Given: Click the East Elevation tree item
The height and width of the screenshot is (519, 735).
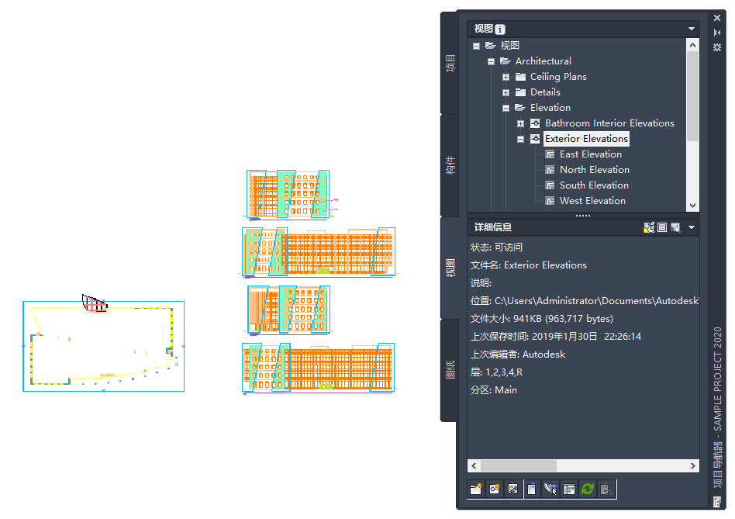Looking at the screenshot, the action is [590, 154].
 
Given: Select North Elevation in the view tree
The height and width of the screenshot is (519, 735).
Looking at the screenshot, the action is [595, 170].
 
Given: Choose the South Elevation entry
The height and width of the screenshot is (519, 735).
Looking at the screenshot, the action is [594, 185].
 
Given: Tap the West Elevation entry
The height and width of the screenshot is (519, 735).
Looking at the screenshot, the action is [592, 201].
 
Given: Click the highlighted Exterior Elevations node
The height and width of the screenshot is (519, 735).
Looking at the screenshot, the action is [586, 139].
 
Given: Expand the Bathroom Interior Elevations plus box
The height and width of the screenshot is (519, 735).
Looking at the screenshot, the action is [520, 124].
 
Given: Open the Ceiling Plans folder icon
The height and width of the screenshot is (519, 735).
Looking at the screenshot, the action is [520, 77].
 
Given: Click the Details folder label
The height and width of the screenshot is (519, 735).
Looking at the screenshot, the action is [545, 92].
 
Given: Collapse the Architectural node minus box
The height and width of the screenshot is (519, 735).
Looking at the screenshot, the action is [491, 61].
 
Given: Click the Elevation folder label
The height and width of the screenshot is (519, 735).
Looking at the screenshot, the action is [550, 108].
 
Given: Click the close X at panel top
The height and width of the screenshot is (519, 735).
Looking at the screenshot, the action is [717, 18].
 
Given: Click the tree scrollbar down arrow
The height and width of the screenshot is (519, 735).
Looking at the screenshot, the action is [692, 206].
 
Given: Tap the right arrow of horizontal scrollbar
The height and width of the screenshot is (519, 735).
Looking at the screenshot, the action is [693, 465].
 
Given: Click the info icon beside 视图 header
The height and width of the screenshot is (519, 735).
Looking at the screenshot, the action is [500, 29].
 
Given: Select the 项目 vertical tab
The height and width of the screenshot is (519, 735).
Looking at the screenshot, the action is [450, 64].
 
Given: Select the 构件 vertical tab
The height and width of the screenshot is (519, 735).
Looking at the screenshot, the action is [450, 165].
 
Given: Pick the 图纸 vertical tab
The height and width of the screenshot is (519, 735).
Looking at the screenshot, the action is [450, 370].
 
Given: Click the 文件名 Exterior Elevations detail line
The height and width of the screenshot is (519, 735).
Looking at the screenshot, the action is [528, 265].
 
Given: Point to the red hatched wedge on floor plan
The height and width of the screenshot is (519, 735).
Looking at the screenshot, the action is [95, 304].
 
